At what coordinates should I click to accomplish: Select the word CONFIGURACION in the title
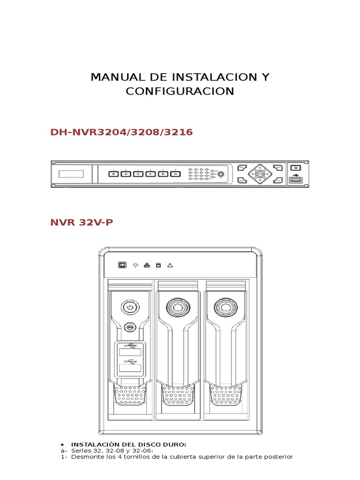(180, 91)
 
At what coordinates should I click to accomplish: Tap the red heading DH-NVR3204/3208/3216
(121, 132)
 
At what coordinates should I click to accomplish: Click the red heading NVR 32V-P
(82, 222)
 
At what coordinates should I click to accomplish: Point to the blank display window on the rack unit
(71, 174)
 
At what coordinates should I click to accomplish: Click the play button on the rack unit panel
(150, 174)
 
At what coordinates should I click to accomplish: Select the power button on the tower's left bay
(129, 307)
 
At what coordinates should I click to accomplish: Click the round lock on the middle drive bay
(177, 307)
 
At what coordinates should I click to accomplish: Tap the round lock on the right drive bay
(224, 307)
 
